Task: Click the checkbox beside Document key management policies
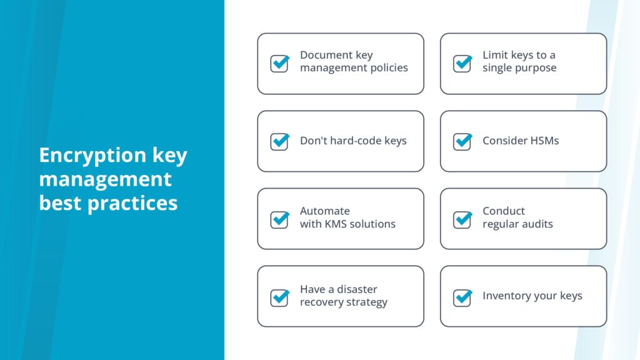(279, 64)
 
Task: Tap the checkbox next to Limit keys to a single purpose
(462, 64)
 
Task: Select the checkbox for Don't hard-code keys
(279, 142)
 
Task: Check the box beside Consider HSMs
(462, 142)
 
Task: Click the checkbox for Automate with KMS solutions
(279, 219)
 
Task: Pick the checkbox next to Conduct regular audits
(462, 219)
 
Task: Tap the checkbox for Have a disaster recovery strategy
(279, 297)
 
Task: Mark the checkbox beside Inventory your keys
(462, 297)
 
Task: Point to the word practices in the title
(132, 203)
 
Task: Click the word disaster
(357, 289)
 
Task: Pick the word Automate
(325, 211)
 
